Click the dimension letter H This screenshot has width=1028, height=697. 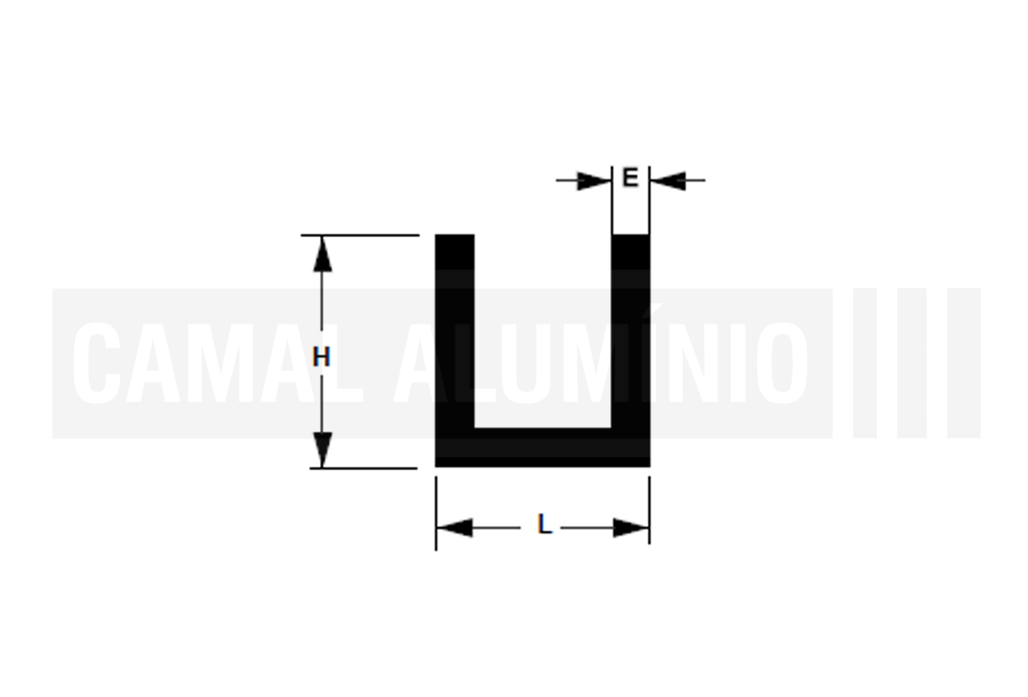coord(321,357)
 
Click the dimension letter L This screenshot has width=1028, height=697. coord(544,524)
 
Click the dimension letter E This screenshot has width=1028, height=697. coord(630,177)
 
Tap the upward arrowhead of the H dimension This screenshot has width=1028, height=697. coord(322,254)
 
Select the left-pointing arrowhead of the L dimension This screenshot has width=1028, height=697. coord(455,527)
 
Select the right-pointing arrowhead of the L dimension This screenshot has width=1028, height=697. coord(632,527)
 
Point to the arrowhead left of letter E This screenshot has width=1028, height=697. coord(594,181)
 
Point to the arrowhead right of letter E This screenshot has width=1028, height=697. coord(668,181)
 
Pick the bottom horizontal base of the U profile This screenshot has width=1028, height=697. coord(543,448)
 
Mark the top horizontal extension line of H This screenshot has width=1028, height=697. coord(360,235)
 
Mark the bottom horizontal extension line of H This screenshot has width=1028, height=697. coord(364,468)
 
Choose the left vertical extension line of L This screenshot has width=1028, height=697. coord(436,514)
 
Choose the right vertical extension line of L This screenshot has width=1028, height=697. coord(650,510)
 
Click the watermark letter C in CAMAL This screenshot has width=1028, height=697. coord(97,363)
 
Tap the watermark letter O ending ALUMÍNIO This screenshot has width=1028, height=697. coord(782,363)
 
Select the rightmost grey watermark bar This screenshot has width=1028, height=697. coord(964,363)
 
